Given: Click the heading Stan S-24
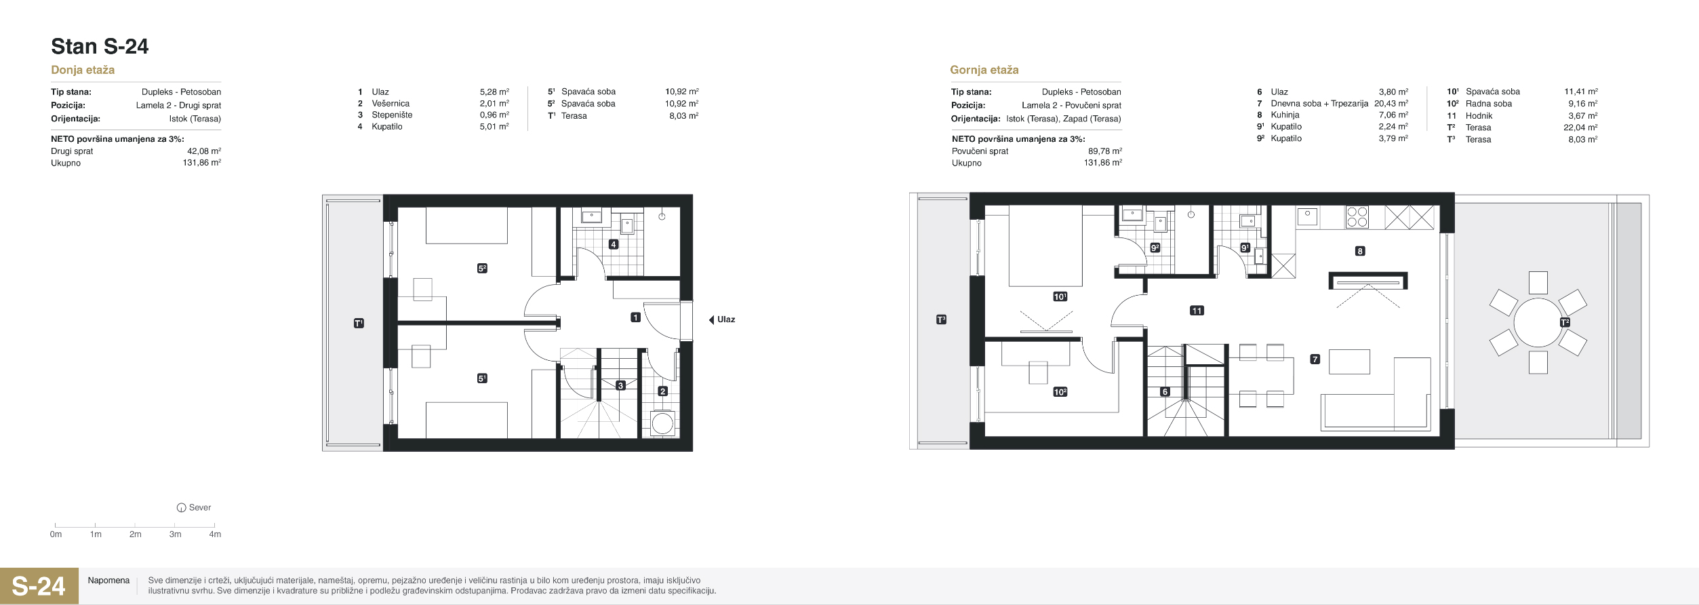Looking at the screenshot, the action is [100, 46].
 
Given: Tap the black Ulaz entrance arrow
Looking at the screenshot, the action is [711, 319].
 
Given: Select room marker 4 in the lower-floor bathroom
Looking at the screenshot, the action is [614, 244].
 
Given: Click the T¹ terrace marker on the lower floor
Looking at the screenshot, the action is [359, 324].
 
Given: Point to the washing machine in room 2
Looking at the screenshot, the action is [662, 423].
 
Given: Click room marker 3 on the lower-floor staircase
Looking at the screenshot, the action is [620, 385].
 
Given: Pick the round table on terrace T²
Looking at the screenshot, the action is [1538, 323].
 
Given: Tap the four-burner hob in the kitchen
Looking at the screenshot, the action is [1357, 217].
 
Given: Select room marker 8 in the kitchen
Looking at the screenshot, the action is [1360, 251].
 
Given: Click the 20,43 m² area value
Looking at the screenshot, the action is [1391, 104].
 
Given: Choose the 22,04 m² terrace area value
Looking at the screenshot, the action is [1580, 128].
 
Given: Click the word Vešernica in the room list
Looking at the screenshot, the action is [391, 104].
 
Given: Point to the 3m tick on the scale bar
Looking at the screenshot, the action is [175, 525].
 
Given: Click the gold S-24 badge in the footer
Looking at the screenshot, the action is [39, 586].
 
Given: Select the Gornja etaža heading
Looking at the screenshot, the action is [984, 70].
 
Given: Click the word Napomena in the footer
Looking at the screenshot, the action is [108, 581].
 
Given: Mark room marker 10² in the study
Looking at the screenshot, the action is [1060, 392].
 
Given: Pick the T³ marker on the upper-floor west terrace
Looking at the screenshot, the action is [941, 319].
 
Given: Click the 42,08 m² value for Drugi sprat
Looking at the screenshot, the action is [204, 151].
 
